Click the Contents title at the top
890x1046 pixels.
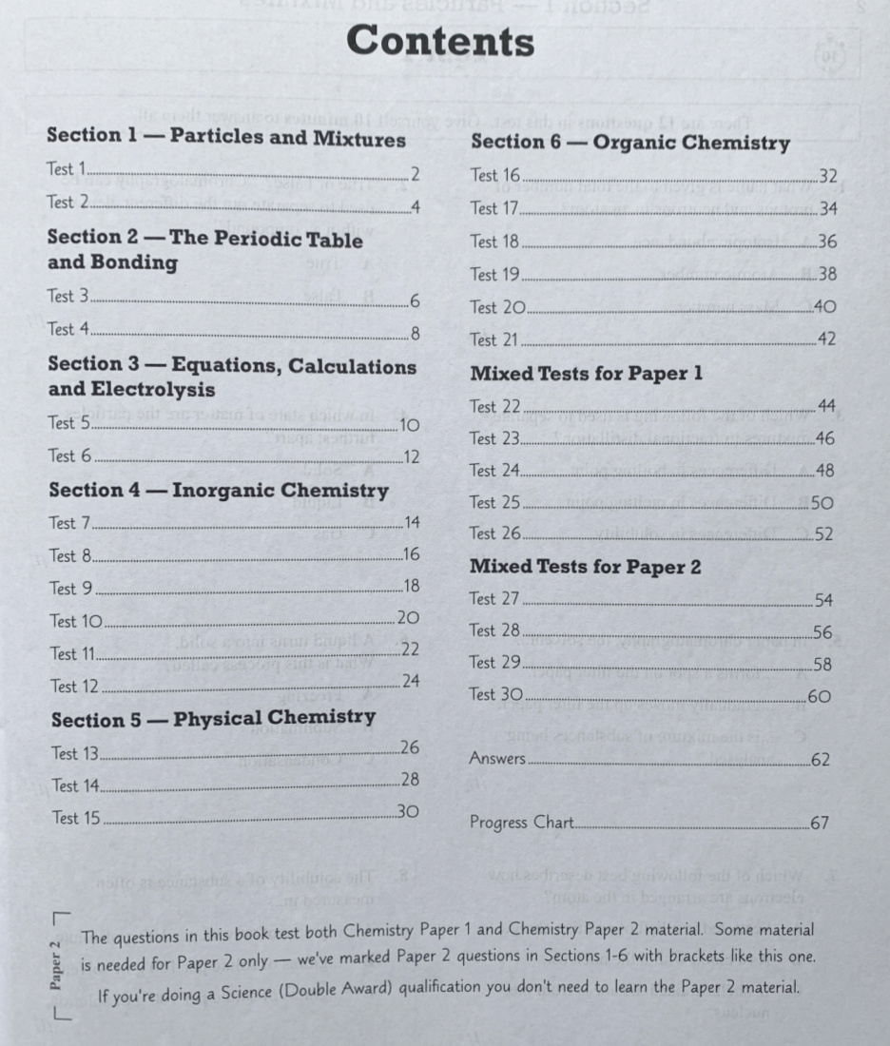(439, 43)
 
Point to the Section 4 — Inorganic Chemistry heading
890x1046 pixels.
(219, 491)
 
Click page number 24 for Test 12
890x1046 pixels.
(411, 681)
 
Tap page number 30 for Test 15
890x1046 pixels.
(409, 812)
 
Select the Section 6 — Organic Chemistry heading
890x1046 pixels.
(630, 144)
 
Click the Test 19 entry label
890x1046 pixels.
(495, 275)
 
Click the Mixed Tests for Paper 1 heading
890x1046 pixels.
(587, 373)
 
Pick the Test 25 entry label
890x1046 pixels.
(495, 502)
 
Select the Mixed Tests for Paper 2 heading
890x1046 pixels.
(586, 568)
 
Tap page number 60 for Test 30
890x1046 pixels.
(819, 695)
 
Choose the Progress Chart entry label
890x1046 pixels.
(521, 823)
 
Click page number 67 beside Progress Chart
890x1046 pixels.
(820, 823)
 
